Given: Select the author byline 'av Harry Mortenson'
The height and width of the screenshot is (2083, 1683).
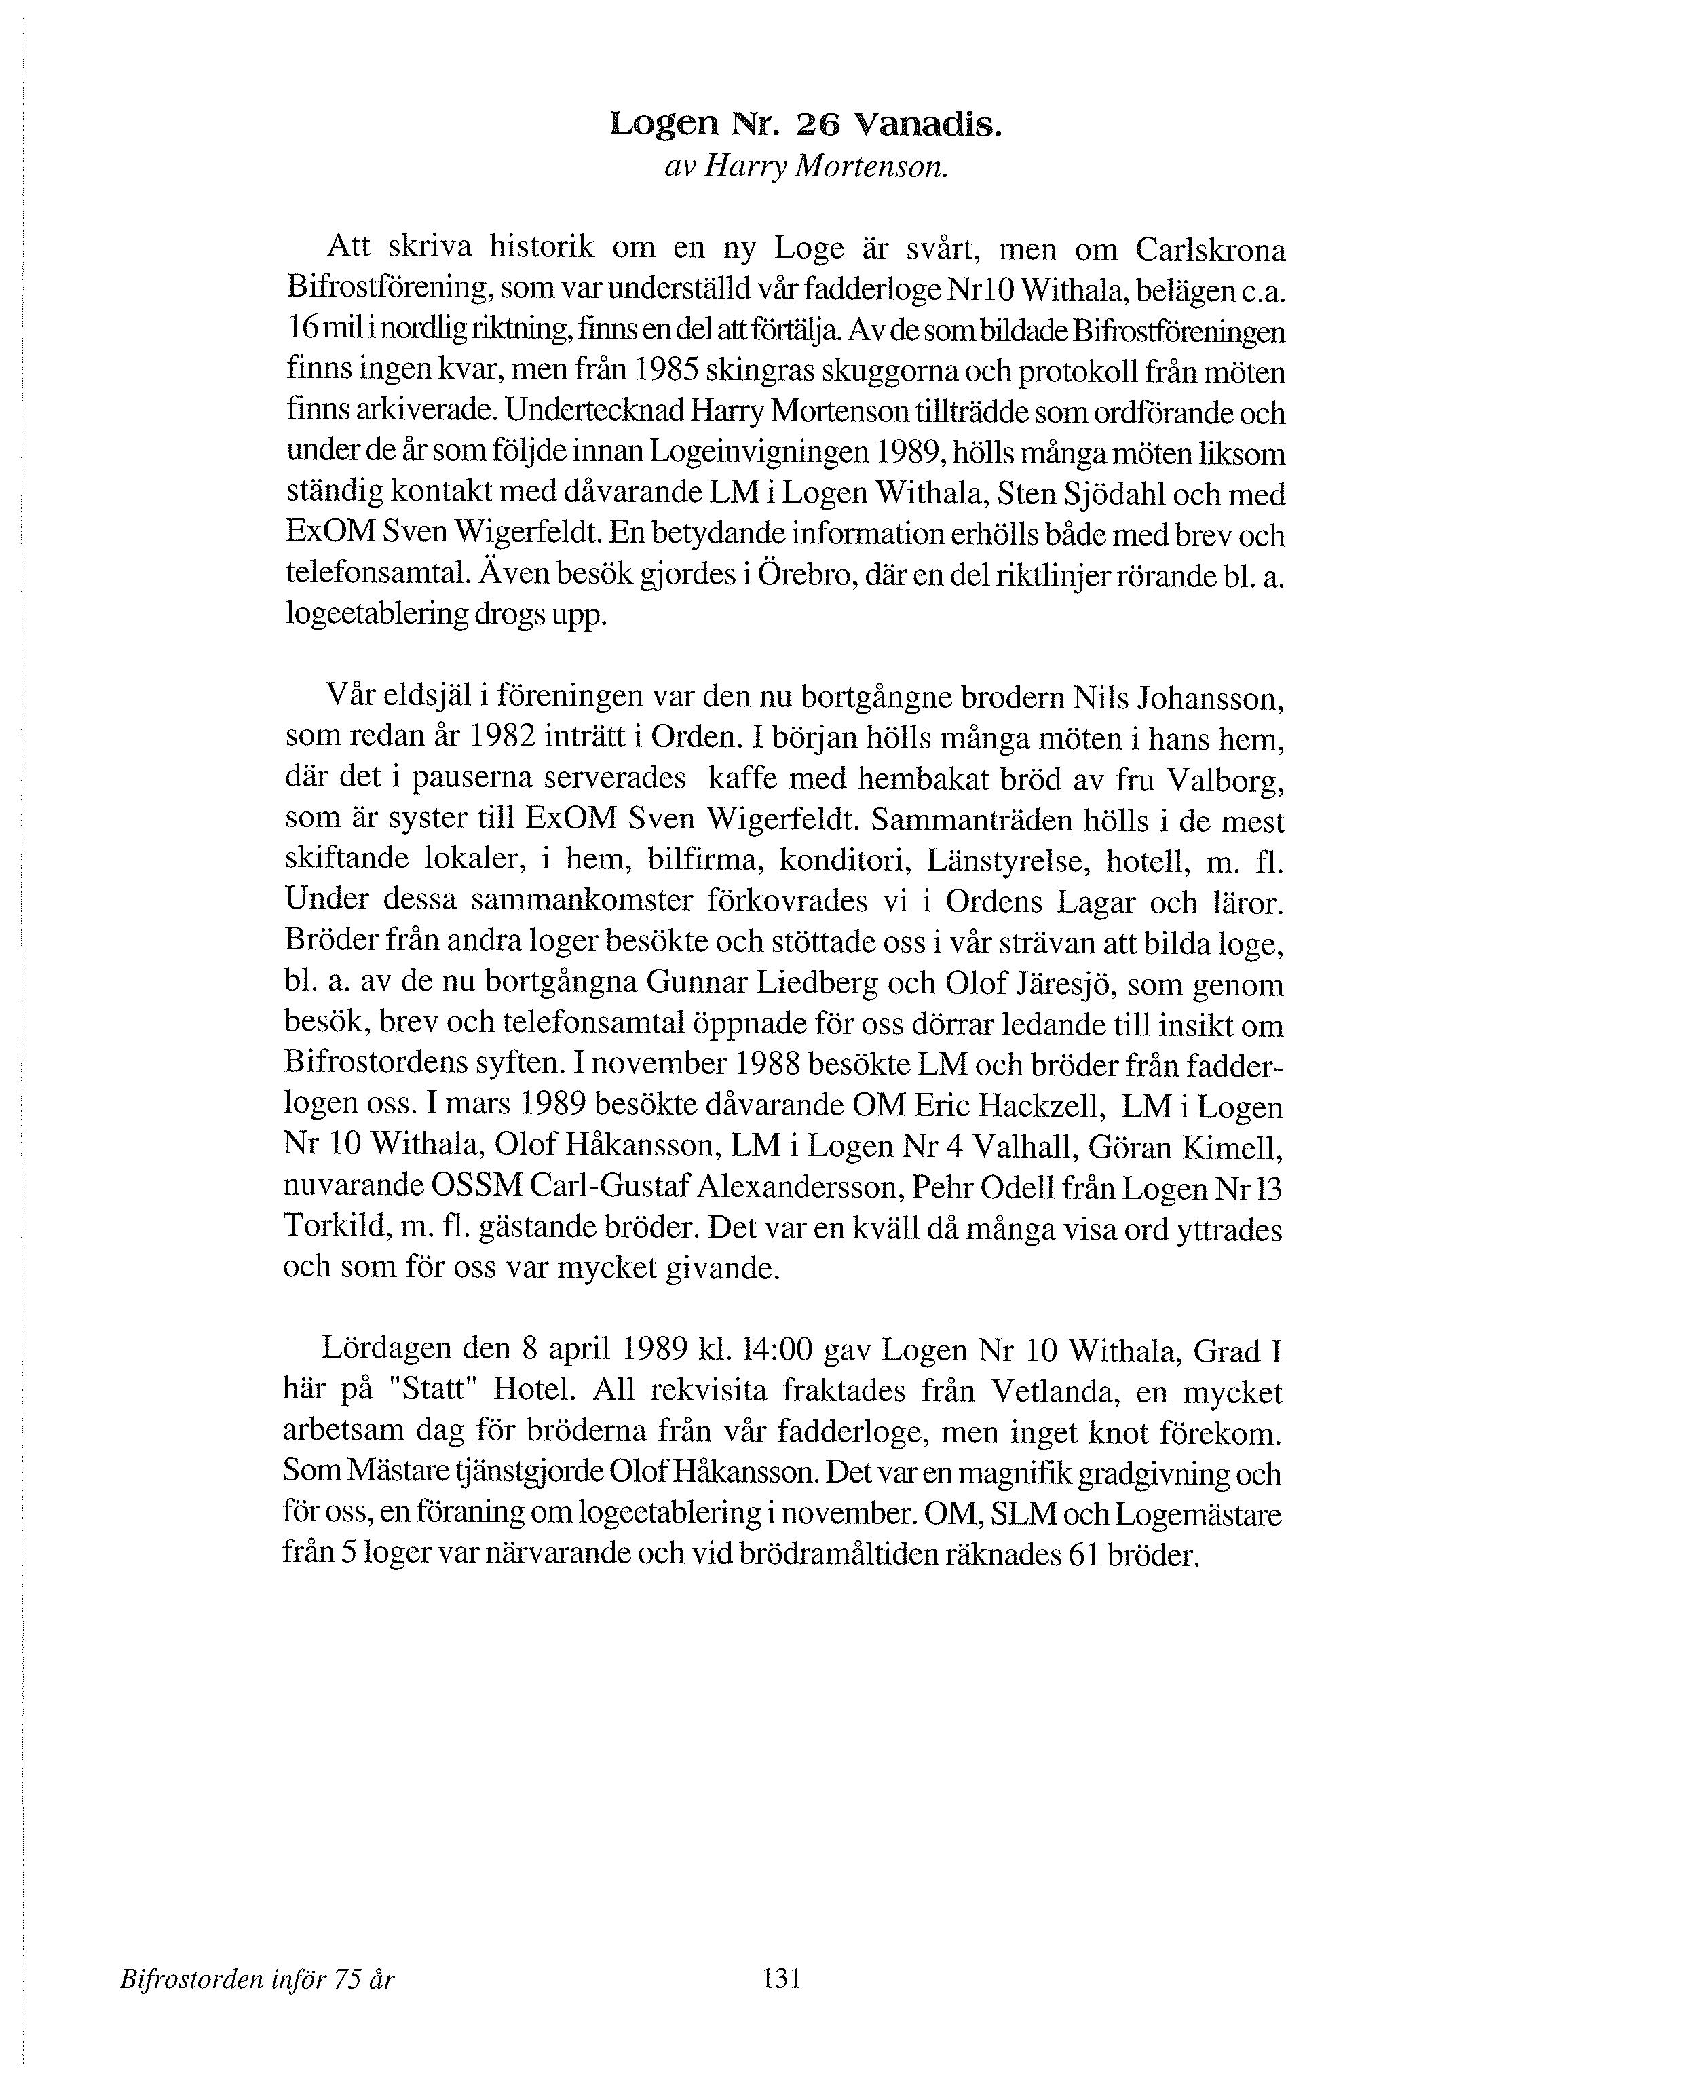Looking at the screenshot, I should (805, 168).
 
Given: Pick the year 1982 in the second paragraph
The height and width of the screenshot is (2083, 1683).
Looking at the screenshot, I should (502, 738).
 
